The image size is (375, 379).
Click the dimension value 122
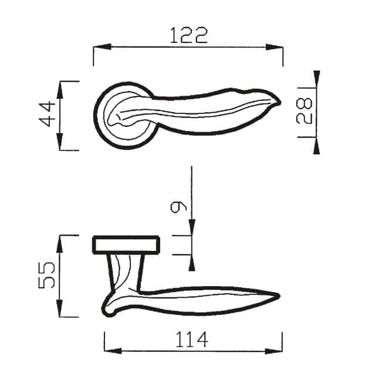(188, 35)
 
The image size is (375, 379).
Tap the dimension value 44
(47, 114)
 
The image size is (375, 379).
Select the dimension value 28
(304, 110)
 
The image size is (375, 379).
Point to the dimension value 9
(178, 207)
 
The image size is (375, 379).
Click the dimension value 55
(47, 276)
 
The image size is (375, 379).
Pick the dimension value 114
(192, 339)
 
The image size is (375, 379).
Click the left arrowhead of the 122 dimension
(102, 47)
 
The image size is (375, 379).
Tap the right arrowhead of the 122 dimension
(274, 47)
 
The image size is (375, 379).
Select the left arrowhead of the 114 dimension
(113, 351)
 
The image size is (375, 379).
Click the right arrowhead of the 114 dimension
(274, 351)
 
